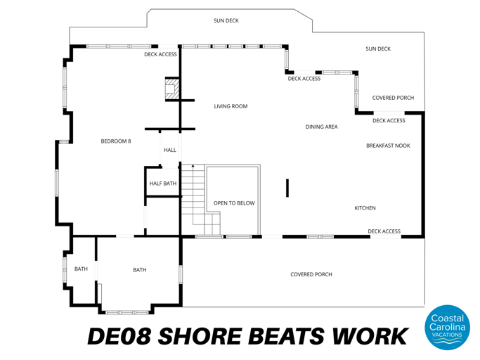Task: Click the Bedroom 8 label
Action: coord(116,141)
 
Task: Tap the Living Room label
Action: coord(231,106)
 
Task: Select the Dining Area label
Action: coord(322,127)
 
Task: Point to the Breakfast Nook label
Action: coord(388,146)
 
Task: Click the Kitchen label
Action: coord(365,208)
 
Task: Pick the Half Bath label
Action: coord(163,184)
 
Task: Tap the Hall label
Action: coord(170,150)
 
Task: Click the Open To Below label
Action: coord(234,203)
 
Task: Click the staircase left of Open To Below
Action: coord(193,200)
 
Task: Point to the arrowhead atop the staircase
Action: coord(193,166)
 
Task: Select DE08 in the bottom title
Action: coord(117,336)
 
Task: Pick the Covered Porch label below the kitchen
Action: coord(311,274)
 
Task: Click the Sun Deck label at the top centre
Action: coord(226,21)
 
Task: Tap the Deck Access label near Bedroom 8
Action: coord(160,54)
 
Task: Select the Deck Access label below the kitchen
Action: coord(384,231)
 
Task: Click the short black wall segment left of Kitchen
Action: coord(287,188)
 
